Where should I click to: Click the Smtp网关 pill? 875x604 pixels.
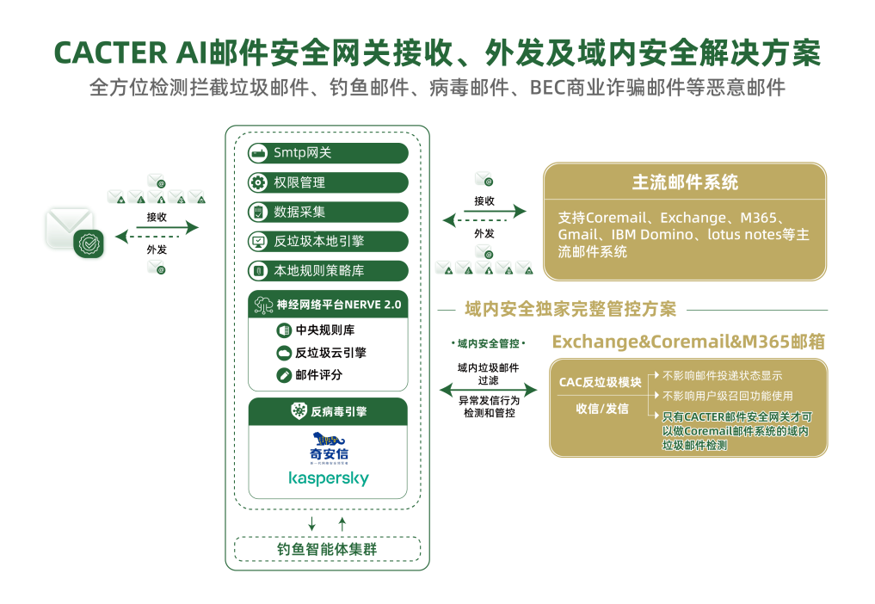327,153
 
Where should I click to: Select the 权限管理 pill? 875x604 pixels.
327,182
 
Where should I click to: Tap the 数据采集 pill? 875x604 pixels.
327,212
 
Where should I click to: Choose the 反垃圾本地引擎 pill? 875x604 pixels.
327,241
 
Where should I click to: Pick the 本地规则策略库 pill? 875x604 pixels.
327,270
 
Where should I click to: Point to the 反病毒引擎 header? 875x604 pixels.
328,411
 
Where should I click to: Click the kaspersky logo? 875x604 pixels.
329,478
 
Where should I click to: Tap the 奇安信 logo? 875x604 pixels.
329,448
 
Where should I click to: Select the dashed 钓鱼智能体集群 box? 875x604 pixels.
327,548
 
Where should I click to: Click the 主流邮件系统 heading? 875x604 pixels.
685,182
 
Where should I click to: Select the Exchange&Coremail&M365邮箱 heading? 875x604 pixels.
688,342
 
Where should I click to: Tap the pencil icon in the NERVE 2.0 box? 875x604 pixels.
284,375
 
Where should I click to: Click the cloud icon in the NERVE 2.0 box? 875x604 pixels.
284,353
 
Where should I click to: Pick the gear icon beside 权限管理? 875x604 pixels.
257,182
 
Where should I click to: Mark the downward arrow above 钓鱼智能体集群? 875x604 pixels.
311,523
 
